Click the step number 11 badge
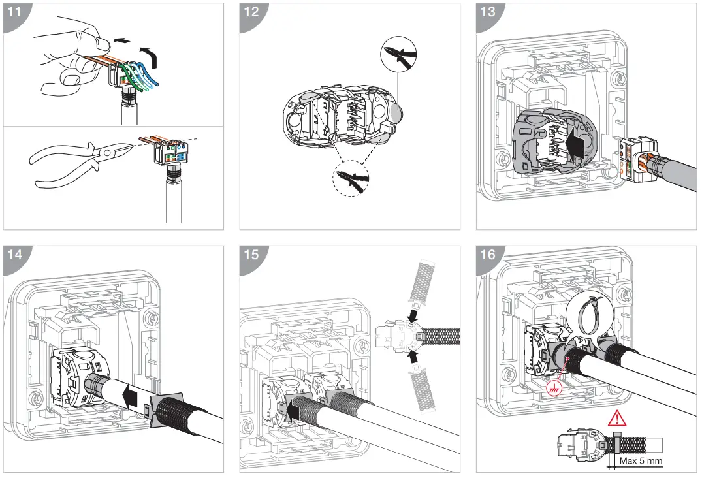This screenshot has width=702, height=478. point(14,12)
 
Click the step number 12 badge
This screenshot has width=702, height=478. point(251,12)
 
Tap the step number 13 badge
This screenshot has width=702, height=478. point(488,12)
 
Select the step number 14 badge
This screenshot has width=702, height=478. point(14,255)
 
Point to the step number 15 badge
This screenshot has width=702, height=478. point(251,255)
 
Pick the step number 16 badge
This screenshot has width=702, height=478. point(488,255)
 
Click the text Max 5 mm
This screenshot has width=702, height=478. point(641,460)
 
